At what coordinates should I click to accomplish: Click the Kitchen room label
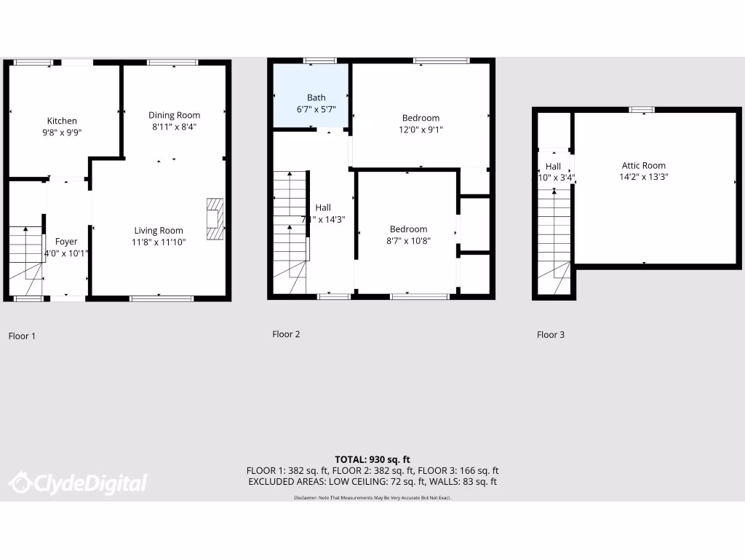(x=62, y=121)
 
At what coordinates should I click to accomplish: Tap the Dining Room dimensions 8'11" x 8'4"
(x=174, y=127)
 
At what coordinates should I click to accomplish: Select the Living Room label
(x=159, y=231)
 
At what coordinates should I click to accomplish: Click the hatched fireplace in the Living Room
(x=215, y=218)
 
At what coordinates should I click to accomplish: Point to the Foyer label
(x=66, y=242)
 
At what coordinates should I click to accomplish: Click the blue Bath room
(x=310, y=96)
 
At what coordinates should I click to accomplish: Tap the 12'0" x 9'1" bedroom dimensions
(x=421, y=130)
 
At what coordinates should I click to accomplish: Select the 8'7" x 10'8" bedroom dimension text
(x=408, y=241)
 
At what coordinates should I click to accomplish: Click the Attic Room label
(x=643, y=165)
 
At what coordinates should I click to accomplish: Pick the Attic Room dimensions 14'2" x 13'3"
(x=643, y=177)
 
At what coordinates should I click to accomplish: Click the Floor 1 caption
(x=22, y=336)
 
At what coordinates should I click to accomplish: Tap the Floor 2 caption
(x=286, y=334)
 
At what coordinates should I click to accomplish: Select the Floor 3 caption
(x=551, y=335)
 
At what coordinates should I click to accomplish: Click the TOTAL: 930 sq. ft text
(x=372, y=459)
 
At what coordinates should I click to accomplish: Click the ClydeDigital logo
(x=78, y=483)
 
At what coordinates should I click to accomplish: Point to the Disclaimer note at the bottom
(x=372, y=497)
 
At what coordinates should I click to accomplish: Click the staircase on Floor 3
(x=554, y=240)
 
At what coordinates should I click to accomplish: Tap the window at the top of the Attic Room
(x=642, y=110)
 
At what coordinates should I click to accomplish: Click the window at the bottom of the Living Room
(x=162, y=298)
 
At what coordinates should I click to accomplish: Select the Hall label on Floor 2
(x=323, y=208)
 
